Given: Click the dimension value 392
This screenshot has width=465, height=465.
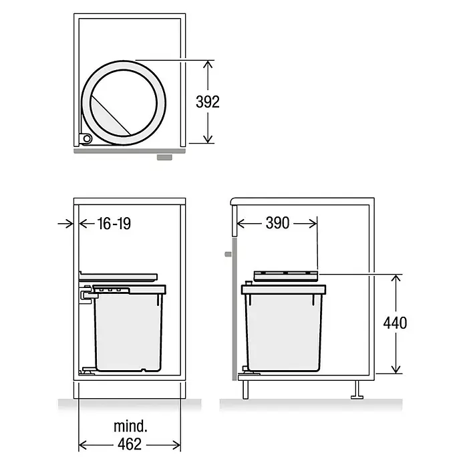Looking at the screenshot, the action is (208, 102).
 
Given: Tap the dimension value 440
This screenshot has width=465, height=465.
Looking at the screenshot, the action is (395, 323).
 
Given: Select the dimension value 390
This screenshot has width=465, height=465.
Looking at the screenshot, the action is (277, 223).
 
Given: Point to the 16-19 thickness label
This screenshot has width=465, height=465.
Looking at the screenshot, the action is (114, 223).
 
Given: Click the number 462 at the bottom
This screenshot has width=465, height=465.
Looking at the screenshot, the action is (130, 444).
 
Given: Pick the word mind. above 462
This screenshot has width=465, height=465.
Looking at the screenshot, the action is (130, 426).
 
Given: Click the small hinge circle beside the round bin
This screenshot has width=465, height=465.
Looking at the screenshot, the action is (87, 138).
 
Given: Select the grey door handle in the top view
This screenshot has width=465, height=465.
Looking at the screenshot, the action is (164, 157).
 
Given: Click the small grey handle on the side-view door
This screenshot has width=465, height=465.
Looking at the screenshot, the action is (228, 254).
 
